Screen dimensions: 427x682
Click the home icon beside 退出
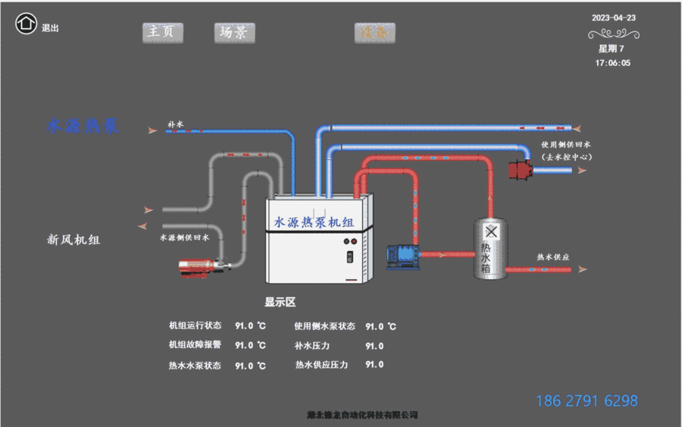[x=26, y=24]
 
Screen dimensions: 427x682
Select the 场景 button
[x=234, y=32]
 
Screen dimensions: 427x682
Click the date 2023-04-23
[x=613, y=17]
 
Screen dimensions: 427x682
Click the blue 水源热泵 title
[x=83, y=126]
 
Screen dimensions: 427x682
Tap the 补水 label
[x=176, y=123]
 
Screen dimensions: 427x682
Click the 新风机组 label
[x=74, y=240]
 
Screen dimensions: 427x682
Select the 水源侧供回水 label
[x=184, y=237]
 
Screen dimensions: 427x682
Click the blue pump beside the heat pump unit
[x=402, y=256]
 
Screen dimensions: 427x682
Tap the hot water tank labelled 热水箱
[x=490, y=248]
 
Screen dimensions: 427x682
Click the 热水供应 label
[x=552, y=257]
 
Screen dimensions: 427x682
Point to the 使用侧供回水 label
[x=566, y=144]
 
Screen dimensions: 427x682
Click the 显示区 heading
[x=280, y=302]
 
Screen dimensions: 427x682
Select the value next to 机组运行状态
[x=250, y=326]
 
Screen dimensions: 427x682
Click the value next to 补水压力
[x=374, y=346]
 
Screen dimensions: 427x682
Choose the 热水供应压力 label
[x=321, y=365]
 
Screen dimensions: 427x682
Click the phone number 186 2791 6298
[x=587, y=400]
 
